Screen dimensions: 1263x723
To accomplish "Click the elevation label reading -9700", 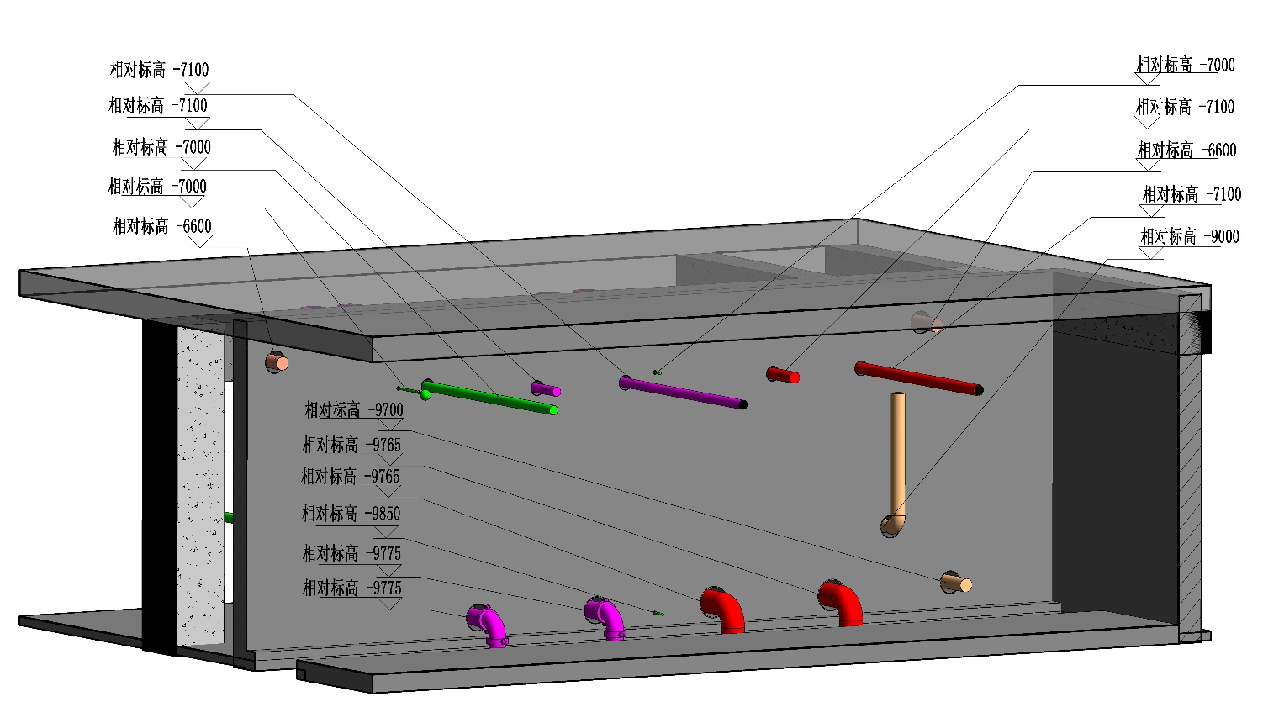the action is (354, 409).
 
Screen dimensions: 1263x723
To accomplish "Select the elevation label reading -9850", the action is (351, 514).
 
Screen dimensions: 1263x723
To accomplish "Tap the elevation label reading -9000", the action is (1190, 236).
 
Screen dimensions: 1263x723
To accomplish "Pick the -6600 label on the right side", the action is (1186, 150).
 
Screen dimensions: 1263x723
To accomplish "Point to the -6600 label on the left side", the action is (161, 226).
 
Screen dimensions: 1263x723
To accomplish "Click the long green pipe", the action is (489, 397).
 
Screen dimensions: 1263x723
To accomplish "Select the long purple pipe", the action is (683, 393).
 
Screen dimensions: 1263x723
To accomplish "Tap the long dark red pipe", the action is (919, 378).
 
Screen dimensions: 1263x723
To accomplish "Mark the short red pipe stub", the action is (783, 375).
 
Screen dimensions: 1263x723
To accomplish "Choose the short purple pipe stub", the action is (545, 389).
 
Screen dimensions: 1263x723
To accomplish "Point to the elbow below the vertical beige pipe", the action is (892, 525).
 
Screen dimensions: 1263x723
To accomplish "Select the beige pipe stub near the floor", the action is (956, 583).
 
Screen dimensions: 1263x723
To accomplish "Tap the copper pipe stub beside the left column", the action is (277, 361).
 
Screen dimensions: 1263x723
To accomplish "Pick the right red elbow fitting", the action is (840, 603).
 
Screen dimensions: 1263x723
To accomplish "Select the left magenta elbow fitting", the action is (487, 625).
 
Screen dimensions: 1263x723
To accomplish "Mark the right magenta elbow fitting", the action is (605, 618).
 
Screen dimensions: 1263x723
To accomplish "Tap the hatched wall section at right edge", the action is (1190, 467).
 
